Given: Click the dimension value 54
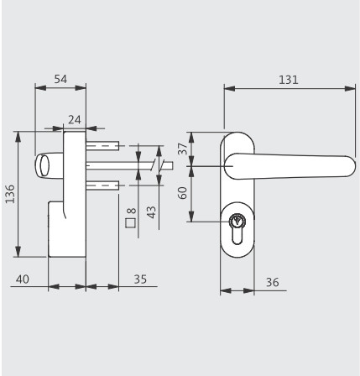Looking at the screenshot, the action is pyautogui.click(x=60, y=79).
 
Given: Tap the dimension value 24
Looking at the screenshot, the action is pyautogui.click(x=75, y=120).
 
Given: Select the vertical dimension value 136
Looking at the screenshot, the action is pyautogui.click(x=10, y=193).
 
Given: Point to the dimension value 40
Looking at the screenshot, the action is pyautogui.click(x=23, y=279).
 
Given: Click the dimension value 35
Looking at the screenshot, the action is pyautogui.click(x=140, y=279).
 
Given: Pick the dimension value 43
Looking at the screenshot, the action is pyautogui.click(x=151, y=212).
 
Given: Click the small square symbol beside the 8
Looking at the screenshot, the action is pyautogui.click(x=131, y=223).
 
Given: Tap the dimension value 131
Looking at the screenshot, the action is pyautogui.click(x=289, y=80).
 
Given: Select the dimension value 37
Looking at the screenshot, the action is pyautogui.click(x=183, y=149).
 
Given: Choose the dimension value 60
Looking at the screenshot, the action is pyautogui.click(x=183, y=193).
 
